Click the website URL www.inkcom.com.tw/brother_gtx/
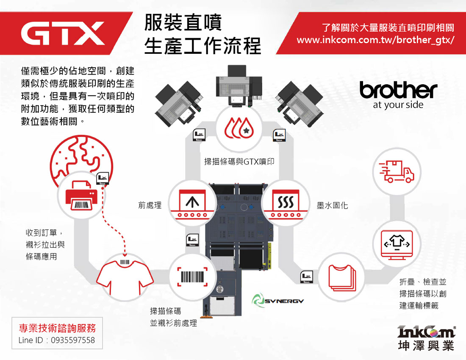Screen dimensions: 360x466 (x=375, y=40)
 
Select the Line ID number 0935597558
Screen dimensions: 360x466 (x=73, y=340)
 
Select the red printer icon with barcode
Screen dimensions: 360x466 (x=81, y=197)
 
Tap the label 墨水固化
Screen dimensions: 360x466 (x=333, y=205)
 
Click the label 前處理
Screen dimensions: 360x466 (x=150, y=205)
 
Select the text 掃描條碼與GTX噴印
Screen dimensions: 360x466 (x=239, y=161)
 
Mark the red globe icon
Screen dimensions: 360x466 (x=80, y=159)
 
